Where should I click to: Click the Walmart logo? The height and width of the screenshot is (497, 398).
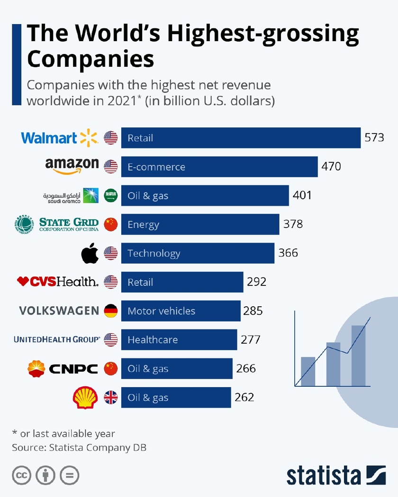click(59, 138)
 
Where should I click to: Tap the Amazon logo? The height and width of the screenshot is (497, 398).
click(72, 166)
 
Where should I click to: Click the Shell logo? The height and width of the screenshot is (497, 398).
click(85, 398)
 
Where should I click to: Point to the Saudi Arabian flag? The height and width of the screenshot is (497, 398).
click(111, 195)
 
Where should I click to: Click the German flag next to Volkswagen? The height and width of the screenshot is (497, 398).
click(111, 311)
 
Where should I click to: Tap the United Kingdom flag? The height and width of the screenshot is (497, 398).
click(111, 398)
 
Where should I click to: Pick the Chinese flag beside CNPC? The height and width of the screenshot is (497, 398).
click(111, 368)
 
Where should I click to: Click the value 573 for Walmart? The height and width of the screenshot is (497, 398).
click(374, 138)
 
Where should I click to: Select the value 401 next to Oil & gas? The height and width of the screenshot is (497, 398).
click(302, 195)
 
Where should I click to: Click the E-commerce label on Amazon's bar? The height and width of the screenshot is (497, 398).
click(156, 167)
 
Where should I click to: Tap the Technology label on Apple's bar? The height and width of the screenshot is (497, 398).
click(154, 253)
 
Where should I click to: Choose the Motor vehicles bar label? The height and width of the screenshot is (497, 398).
click(161, 311)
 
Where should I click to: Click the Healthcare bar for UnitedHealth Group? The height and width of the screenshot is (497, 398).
click(179, 340)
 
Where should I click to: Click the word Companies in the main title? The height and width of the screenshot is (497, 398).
click(90, 60)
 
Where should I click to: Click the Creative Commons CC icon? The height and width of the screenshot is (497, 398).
click(21, 475)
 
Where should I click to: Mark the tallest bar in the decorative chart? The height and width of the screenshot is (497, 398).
click(358, 355)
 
